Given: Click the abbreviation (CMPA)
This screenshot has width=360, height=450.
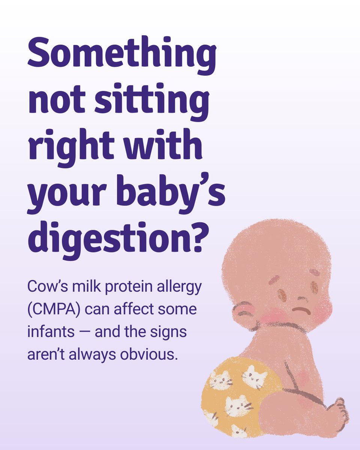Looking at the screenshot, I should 50,310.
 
